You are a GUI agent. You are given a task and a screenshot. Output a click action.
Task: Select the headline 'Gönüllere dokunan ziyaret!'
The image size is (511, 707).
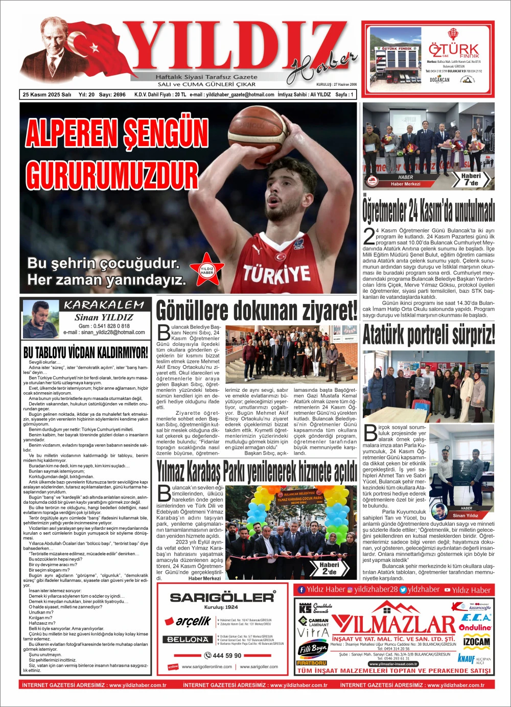pos(257,311)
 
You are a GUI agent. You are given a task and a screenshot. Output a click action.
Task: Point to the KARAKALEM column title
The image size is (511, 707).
pos(104,305)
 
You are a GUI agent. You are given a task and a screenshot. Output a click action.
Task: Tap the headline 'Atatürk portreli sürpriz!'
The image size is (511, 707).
pos(428,336)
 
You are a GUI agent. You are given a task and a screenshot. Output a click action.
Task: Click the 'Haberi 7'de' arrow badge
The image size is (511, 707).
pos(471,179)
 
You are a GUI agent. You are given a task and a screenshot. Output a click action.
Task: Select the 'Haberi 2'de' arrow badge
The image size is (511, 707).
pos(331,568)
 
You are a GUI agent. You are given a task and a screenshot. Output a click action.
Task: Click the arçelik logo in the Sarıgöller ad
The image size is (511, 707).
pos(187,621)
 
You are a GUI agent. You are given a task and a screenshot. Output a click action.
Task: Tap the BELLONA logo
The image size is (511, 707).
pos(188,639)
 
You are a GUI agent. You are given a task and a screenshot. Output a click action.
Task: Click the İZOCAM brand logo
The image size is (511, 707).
pos(476,642)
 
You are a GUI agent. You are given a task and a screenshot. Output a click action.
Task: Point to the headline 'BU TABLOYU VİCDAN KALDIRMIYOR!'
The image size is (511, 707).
pos(86,352)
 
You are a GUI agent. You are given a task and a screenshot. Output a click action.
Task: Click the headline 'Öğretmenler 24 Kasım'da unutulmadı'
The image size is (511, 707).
pos(428,210)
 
